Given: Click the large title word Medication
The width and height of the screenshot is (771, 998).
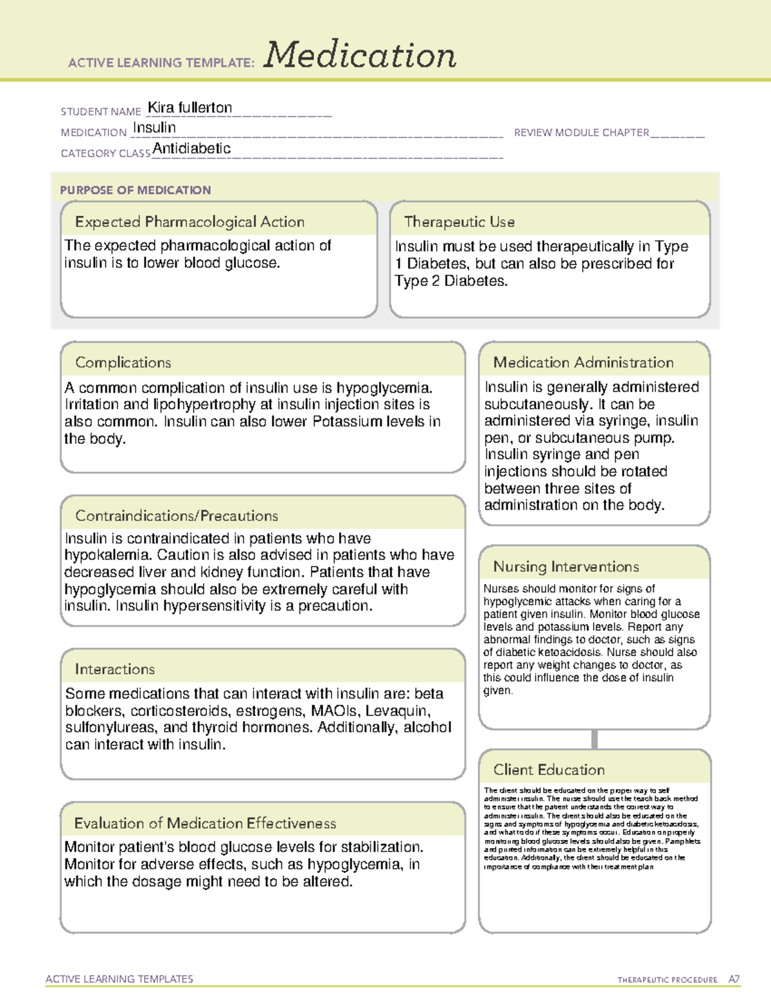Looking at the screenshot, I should (x=359, y=55).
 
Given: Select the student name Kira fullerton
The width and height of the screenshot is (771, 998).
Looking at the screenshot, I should (x=190, y=108).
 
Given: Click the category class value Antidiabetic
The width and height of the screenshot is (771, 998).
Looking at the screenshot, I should (x=191, y=148).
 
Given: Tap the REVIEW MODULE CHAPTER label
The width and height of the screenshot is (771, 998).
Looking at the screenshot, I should (x=581, y=132).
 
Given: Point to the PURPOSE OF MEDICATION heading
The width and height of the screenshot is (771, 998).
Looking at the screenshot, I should (x=135, y=190).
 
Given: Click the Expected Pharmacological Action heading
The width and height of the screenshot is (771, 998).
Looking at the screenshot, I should (x=190, y=222).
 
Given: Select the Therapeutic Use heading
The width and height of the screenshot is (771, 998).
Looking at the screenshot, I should (x=459, y=222).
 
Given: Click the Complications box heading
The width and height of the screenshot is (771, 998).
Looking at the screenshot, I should (x=123, y=362).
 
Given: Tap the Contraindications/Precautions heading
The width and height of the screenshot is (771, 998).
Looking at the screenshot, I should (x=176, y=515).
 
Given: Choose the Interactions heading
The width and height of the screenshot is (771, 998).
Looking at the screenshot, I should (x=114, y=669).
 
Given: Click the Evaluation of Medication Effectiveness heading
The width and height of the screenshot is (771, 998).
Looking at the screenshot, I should (x=205, y=823).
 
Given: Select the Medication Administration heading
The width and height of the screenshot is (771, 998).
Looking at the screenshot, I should (x=583, y=362).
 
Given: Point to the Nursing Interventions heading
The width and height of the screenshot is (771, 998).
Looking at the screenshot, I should (x=565, y=566).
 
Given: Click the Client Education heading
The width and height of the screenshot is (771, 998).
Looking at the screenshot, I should (x=549, y=769).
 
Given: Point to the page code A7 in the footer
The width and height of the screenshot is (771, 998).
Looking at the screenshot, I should (x=734, y=979).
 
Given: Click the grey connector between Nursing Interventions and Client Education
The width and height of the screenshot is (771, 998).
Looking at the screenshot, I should (x=594, y=739).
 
